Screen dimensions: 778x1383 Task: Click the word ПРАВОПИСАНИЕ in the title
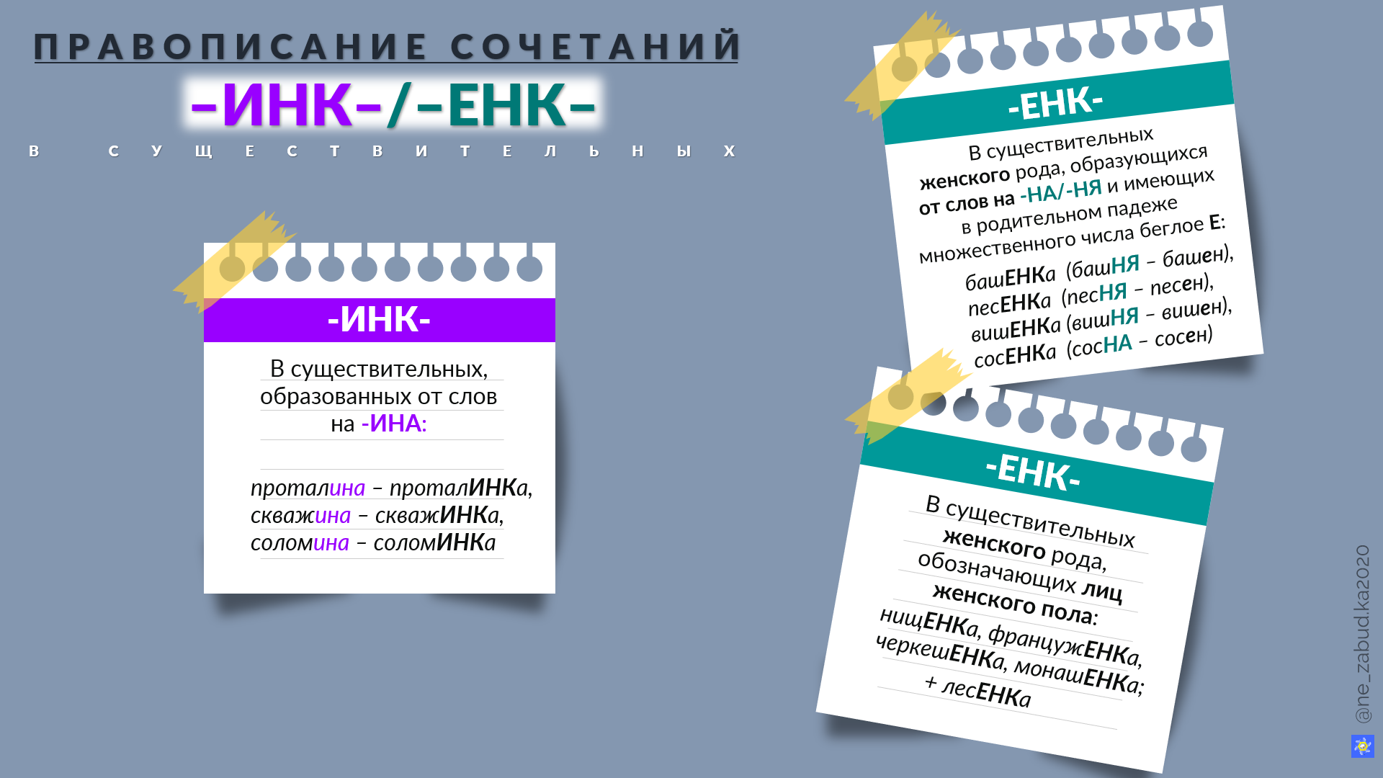tap(231, 47)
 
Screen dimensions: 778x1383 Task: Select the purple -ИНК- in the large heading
tap(286, 105)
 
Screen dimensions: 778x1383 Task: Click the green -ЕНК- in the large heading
tap(506, 105)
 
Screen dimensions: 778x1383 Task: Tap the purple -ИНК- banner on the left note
tap(379, 319)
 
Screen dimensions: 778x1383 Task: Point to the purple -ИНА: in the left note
tap(394, 424)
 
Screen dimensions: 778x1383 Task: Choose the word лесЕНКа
tap(986, 692)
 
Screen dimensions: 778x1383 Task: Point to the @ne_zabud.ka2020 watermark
tap(1362, 634)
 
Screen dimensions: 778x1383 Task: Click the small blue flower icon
tap(1362, 746)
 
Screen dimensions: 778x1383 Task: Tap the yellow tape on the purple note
tap(234, 261)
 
